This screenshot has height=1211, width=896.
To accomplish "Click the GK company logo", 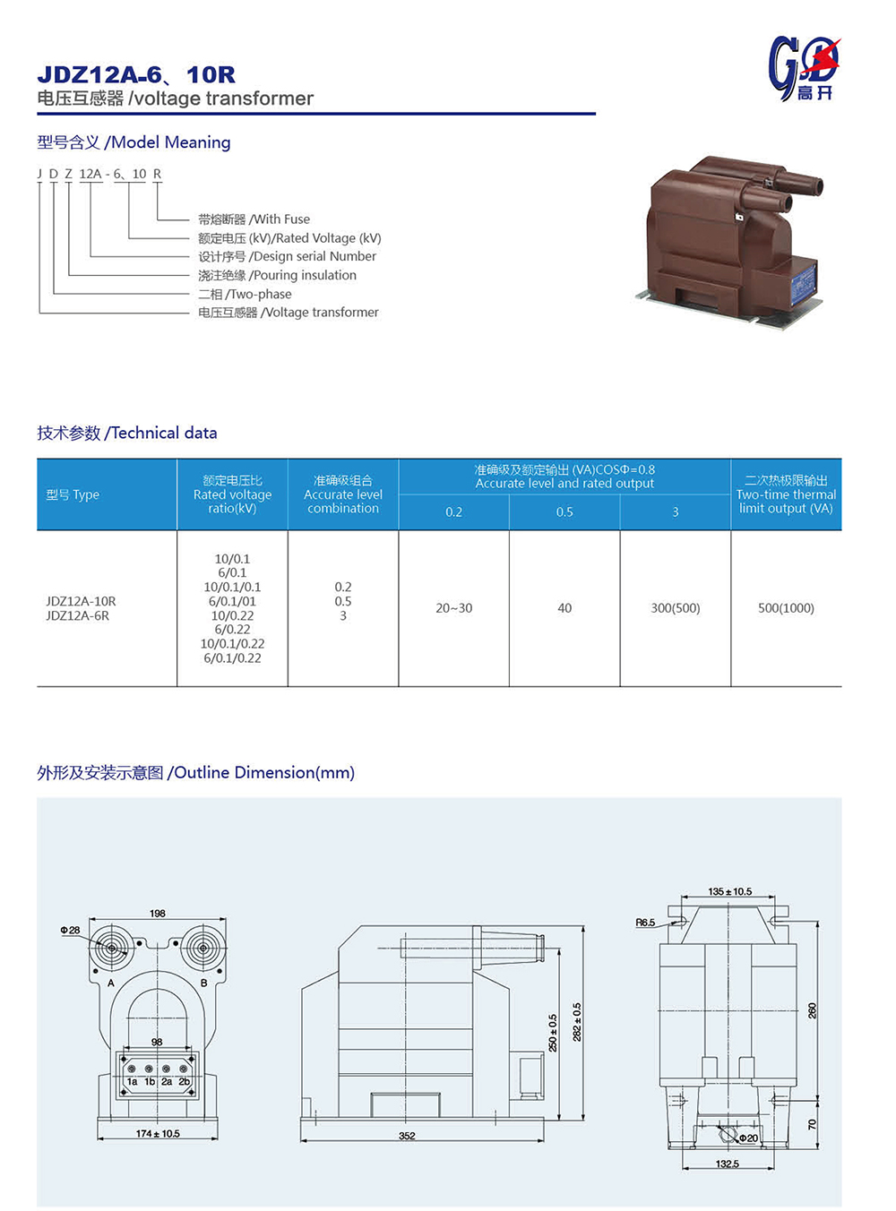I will coord(804,68).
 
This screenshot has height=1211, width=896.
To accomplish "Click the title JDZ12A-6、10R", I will coord(136,74).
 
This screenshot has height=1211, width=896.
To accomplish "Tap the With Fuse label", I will coord(254,219).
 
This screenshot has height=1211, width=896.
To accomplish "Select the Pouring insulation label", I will coord(277,275).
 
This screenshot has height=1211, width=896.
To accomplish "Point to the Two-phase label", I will coord(245,294).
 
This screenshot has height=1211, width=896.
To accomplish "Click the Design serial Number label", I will coord(287,256).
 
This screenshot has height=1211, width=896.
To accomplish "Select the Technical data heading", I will coord(126,433).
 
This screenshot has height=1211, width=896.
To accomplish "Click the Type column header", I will coord(73,494).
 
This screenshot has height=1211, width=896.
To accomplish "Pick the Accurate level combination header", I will coord(343,494).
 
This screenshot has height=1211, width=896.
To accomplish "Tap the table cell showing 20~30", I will coord(453,608).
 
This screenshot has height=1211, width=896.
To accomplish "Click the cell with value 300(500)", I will coord(676,608).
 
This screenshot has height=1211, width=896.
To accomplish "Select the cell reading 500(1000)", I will coord(786,608).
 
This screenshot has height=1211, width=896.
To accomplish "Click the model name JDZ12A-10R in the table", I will coord(81,601).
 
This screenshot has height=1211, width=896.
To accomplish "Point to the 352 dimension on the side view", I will coord(407,1136).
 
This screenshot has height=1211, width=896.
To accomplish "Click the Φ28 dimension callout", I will coord(70,930).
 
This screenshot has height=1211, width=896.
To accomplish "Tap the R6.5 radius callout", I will coord(645,923).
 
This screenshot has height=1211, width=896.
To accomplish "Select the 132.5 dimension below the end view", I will coord(728,1164).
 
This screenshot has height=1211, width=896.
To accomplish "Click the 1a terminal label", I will coord(132,1082).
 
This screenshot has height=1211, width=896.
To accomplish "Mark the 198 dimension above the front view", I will coord(158,914).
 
